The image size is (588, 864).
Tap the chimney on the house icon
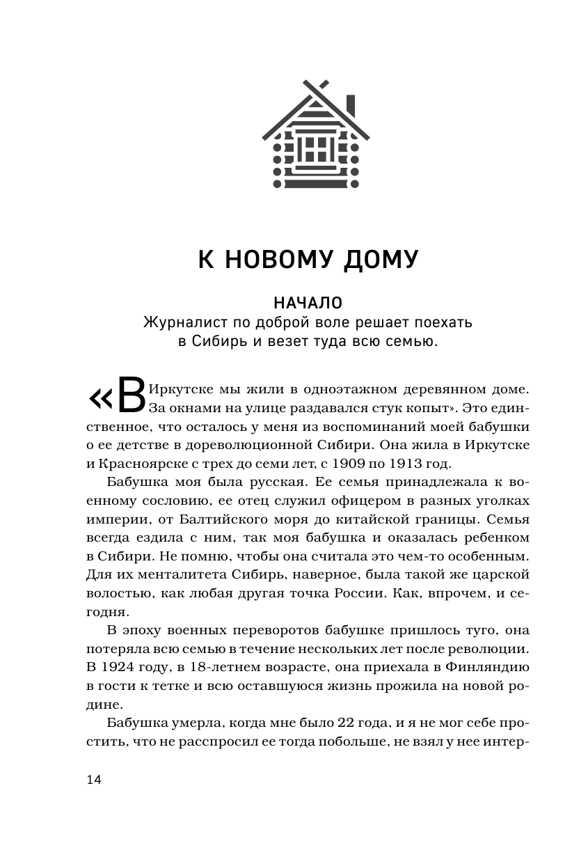point(351,105)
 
